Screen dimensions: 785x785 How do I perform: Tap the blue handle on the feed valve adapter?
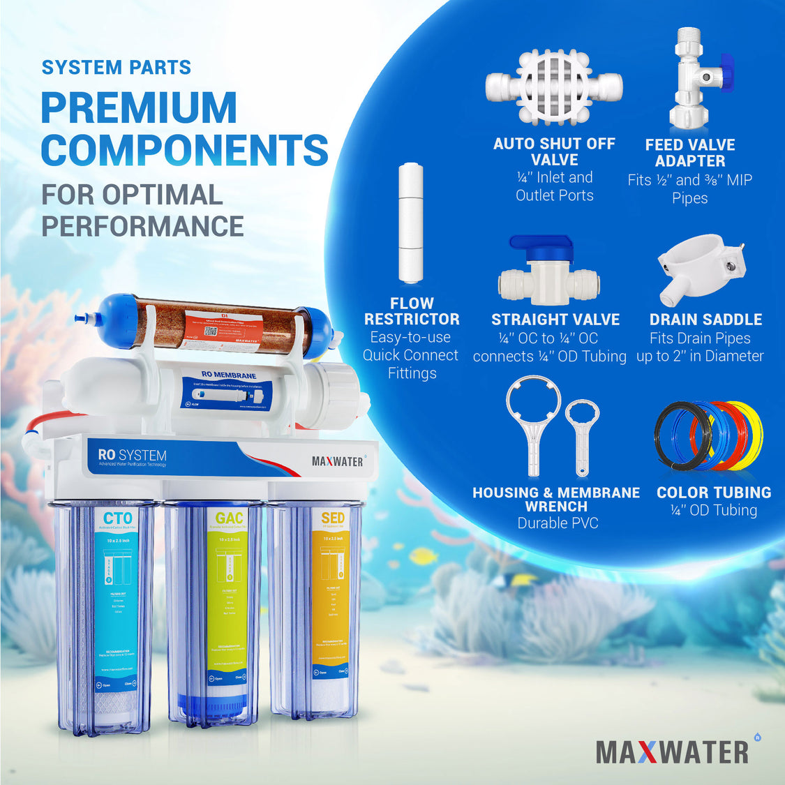click(726, 73)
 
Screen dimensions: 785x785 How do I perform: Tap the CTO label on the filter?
click(117, 518)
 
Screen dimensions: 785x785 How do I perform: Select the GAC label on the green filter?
click(229, 518)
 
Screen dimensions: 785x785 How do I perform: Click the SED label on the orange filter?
click(333, 518)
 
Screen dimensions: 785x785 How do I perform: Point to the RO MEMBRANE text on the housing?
click(228, 375)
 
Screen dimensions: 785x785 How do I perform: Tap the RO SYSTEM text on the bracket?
click(132, 455)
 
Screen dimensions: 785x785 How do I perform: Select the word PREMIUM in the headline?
click(139, 107)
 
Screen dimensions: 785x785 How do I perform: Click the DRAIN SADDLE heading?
click(705, 320)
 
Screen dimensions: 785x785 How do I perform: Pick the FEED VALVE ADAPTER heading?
click(689, 153)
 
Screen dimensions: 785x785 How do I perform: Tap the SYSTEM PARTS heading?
click(116, 68)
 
